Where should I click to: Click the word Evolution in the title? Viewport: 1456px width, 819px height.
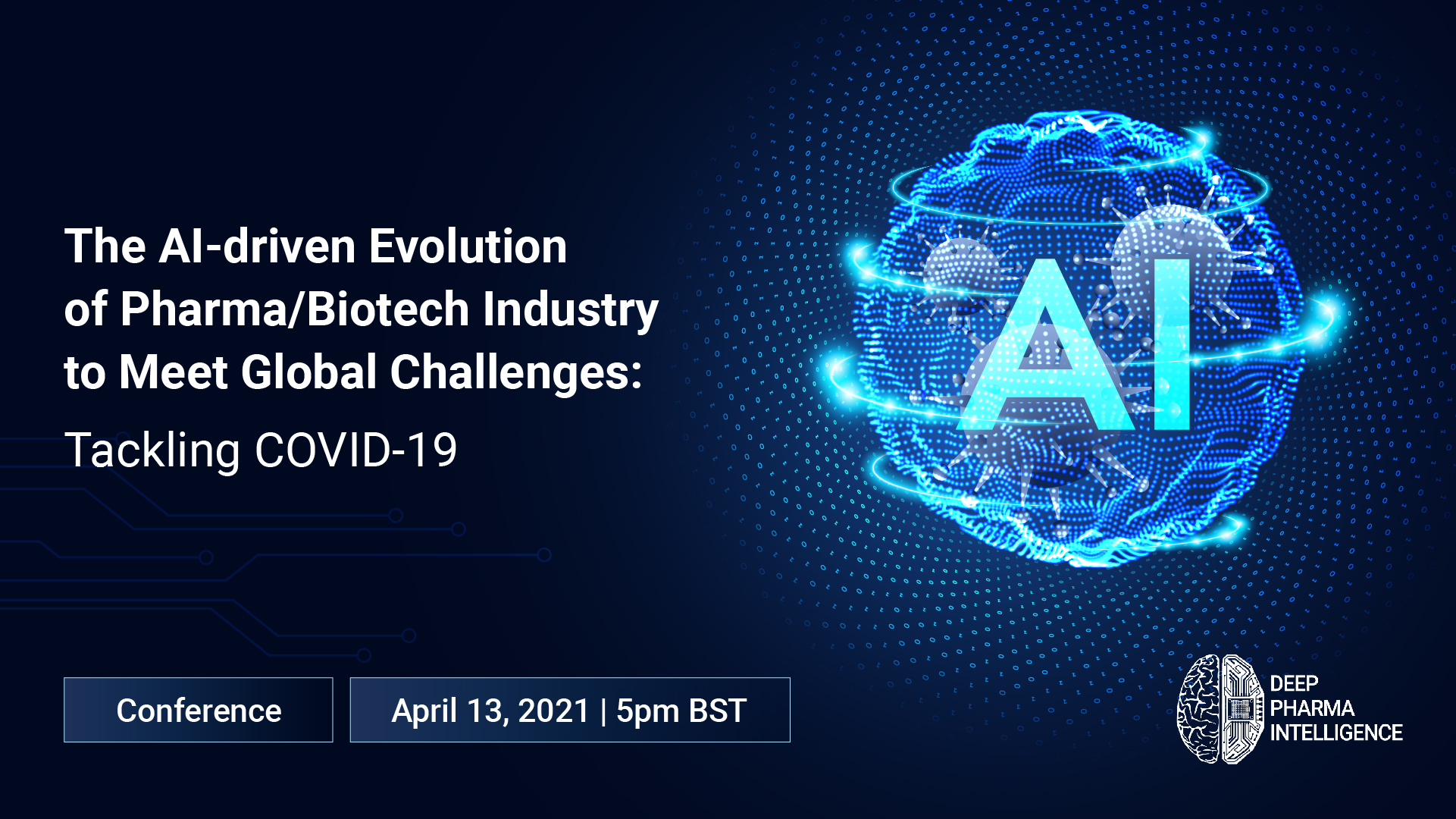coord(468,246)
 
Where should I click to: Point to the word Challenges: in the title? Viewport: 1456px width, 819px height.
coord(516,373)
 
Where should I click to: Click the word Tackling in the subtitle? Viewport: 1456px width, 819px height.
coord(152,451)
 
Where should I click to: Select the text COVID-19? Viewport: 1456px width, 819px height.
coord(355,450)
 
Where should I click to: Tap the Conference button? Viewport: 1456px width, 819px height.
coord(199,710)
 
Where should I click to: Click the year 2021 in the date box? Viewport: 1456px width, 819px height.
coord(554,711)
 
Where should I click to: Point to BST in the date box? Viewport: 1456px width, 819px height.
coord(718,711)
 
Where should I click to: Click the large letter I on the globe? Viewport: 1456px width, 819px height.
coord(1172,344)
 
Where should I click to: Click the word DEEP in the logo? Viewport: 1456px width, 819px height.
coord(1294,684)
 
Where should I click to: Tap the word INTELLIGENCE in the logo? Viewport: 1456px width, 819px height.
coord(1336,733)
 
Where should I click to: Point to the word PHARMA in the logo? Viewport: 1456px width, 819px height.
coord(1312,708)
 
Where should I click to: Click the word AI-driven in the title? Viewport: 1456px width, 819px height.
coord(258,246)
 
